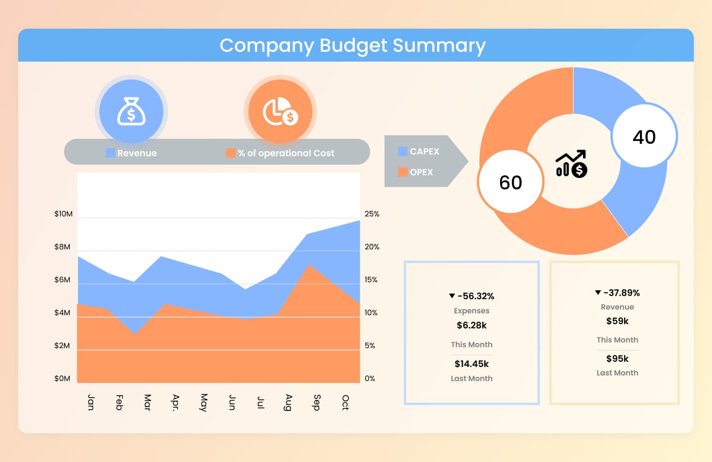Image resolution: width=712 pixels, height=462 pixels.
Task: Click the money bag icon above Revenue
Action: coord(131,112)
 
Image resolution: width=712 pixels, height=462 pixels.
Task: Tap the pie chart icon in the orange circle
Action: coord(280,112)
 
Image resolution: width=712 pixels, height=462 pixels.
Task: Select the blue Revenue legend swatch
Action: coord(110,153)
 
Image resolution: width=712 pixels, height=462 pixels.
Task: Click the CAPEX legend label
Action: coord(424,151)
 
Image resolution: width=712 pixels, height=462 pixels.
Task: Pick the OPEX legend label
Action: coord(421,172)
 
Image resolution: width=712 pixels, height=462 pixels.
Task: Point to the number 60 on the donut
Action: coord(510,183)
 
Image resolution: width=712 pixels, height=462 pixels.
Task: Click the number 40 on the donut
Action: coord(644,137)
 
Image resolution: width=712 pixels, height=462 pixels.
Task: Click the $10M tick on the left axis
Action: coord(64,214)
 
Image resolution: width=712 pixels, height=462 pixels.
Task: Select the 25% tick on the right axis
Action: coord(372,214)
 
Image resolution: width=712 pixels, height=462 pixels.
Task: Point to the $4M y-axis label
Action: coord(62,312)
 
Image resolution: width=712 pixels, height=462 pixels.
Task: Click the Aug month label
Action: coord(289,402)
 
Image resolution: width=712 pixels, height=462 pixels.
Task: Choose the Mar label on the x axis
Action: coord(147,402)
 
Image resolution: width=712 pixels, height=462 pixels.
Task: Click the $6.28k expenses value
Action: coord(471,325)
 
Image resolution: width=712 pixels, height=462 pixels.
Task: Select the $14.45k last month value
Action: coord(471,364)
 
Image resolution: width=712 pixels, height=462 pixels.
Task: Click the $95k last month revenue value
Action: coord(617,358)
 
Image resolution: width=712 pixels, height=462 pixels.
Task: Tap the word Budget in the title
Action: coord(353,46)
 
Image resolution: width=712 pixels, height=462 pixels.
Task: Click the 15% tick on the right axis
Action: coord(371,279)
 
